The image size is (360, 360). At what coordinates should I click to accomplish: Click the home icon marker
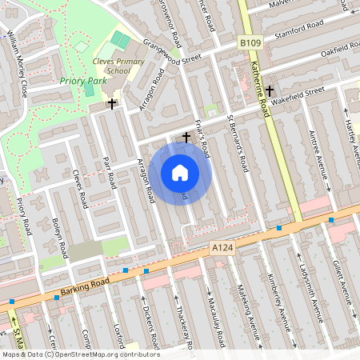[180, 172]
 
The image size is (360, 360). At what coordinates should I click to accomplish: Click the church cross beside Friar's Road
[186, 138]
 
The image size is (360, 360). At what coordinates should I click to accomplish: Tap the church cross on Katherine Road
[271, 90]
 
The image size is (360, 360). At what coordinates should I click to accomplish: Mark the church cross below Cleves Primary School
[112, 103]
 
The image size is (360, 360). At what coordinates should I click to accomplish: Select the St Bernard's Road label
[238, 145]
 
